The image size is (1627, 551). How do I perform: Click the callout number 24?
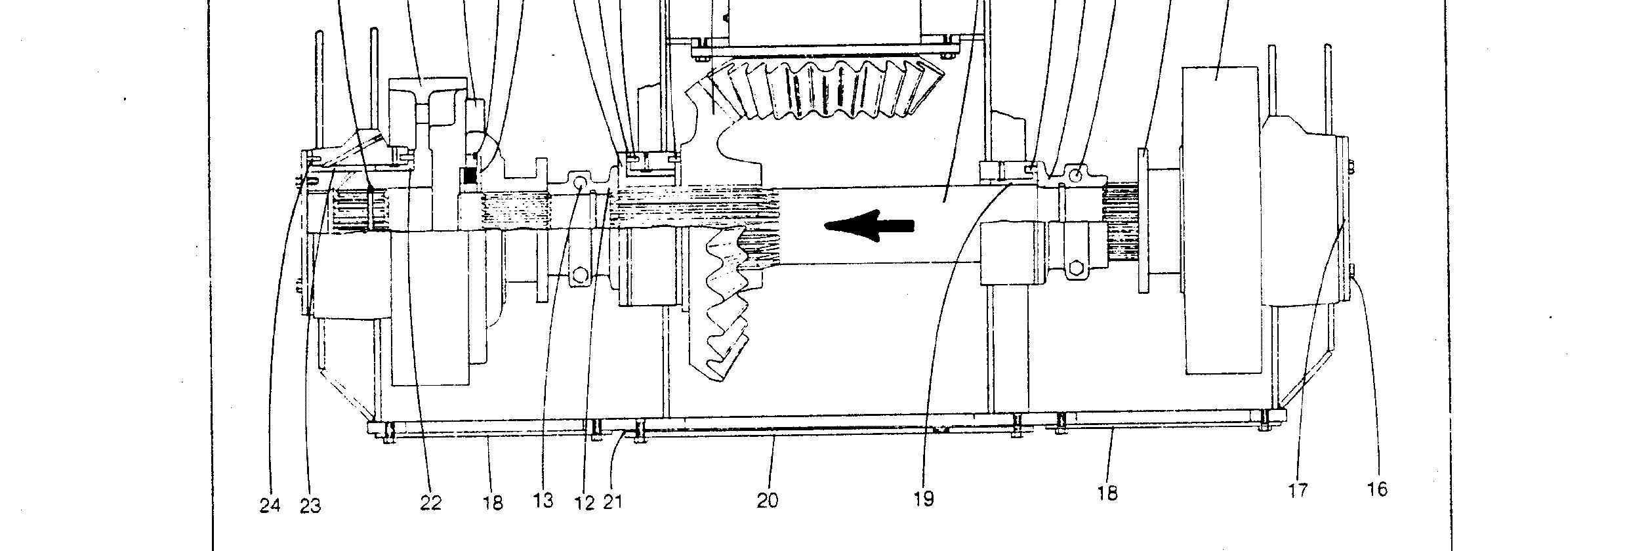(x=270, y=505)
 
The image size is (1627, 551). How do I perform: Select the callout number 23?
(x=310, y=506)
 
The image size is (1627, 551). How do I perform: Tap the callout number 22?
(x=430, y=503)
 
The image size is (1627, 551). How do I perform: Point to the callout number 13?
(x=543, y=500)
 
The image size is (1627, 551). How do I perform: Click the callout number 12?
(x=584, y=503)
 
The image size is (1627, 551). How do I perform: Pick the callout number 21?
(x=612, y=502)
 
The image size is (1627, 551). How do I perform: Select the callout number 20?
(x=768, y=500)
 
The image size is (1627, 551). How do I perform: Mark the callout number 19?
(x=923, y=499)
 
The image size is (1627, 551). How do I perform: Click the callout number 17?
(x=1298, y=490)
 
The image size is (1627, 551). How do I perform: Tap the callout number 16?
(x=1378, y=489)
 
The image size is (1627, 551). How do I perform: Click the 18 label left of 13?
(x=493, y=502)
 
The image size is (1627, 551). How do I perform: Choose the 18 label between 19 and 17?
(x=1107, y=493)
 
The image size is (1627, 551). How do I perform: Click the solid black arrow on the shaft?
(x=869, y=226)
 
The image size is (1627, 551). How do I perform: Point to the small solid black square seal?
(x=470, y=176)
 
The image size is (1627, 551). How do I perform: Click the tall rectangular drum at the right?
(x=1220, y=220)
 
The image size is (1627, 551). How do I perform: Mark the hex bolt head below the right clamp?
(x=1077, y=268)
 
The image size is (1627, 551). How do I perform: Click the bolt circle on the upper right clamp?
(x=1076, y=175)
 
